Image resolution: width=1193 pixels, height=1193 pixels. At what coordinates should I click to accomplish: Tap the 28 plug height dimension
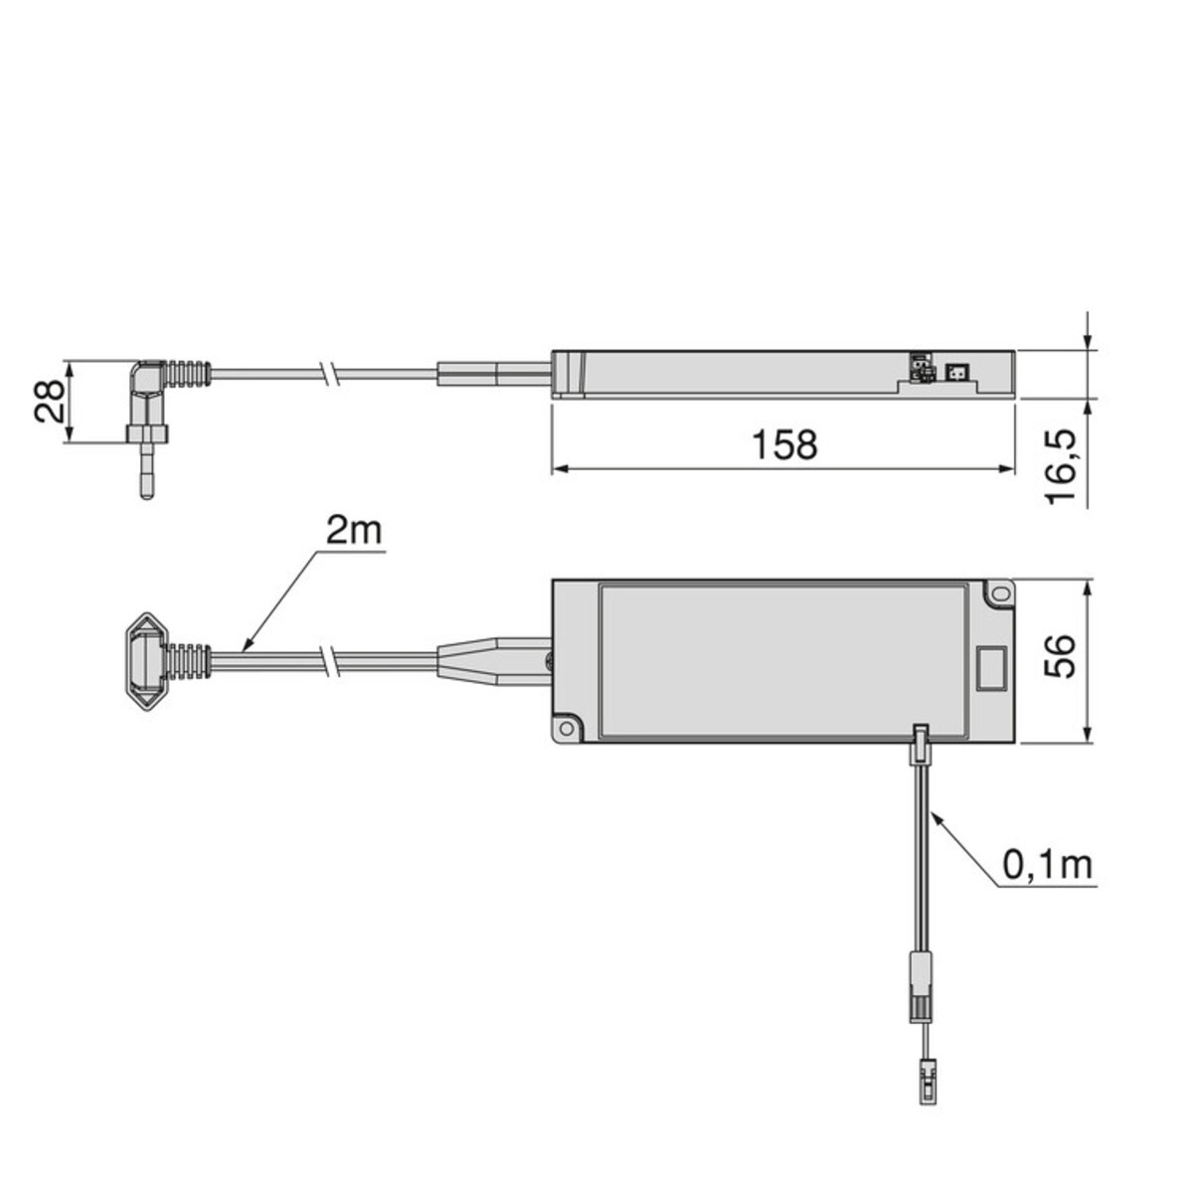point(50,402)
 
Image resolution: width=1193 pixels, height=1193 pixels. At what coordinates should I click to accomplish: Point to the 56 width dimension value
point(1059,656)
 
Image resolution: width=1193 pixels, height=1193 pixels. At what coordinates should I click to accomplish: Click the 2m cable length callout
point(353,531)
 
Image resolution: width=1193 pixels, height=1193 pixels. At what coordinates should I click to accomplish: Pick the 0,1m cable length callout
point(1047,866)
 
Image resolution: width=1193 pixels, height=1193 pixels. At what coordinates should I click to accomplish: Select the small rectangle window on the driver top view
point(990,668)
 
